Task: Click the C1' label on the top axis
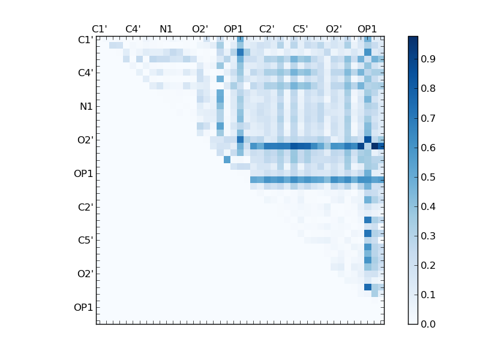(x=100, y=29)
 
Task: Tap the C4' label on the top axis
(x=133, y=29)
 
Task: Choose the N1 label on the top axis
(x=166, y=29)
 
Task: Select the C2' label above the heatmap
(x=267, y=29)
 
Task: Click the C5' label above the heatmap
(x=300, y=29)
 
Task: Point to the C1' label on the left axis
(x=85, y=40)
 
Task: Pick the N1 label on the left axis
(x=86, y=106)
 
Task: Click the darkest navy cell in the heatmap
(x=375, y=146)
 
